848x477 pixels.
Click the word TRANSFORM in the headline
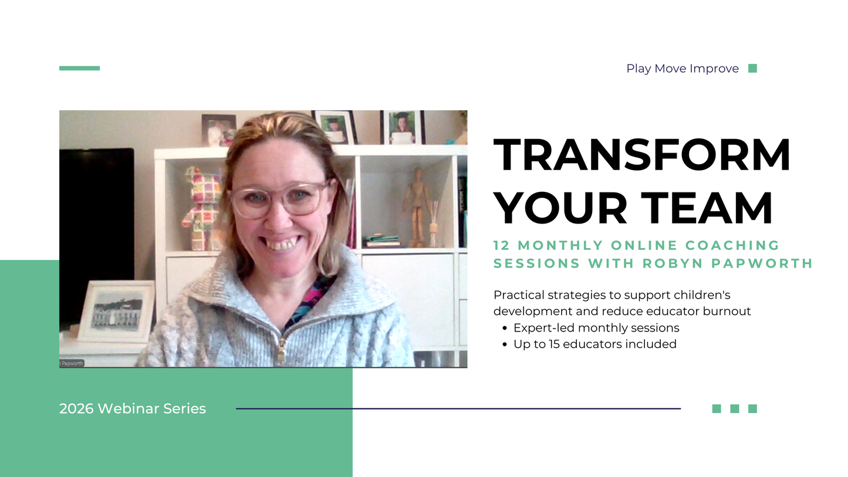pyautogui.click(x=642, y=155)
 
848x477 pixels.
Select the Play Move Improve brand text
pyautogui.click(x=682, y=69)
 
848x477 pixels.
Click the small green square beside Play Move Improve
pyautogui.click(x=752, y=69)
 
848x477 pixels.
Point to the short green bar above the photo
pyautogui.click(x=79, y=68)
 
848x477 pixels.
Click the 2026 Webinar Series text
pyautogui.click(x=133, y=408)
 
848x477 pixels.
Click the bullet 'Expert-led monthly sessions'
pyautogui.click(x=596, y=328)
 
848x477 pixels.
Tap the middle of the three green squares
pyautogui.click(x=734, y=409)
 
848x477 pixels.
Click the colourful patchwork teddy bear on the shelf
pyautogui.click(x=202, y=205)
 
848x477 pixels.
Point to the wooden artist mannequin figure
pyautogui.click(x=416, y=205)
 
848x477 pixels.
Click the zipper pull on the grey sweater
pyautogui.click(x=282, y=352)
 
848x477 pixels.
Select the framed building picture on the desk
pyautogui.click(x=117, y=311)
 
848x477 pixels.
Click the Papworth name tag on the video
pyautogui.click(x=72, y=364)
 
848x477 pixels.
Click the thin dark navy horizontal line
pyautogui.click(x=458, y=408)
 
